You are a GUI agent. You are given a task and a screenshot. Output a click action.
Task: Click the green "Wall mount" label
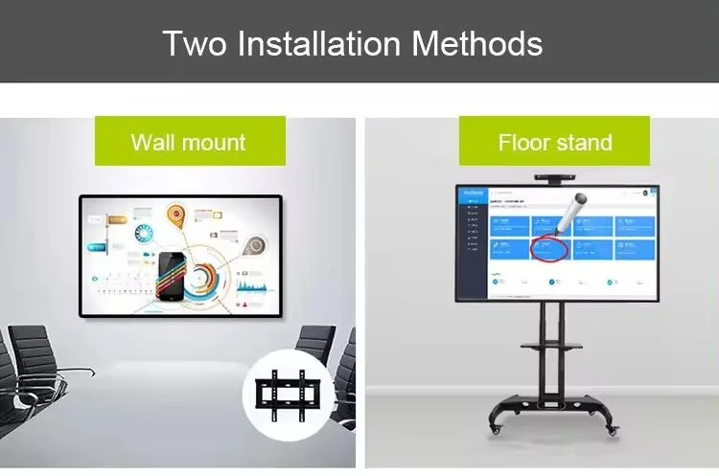189,143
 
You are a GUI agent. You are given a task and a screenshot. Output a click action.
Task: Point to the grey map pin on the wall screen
253,246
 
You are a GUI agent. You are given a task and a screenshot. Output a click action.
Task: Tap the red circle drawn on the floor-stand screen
548,249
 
